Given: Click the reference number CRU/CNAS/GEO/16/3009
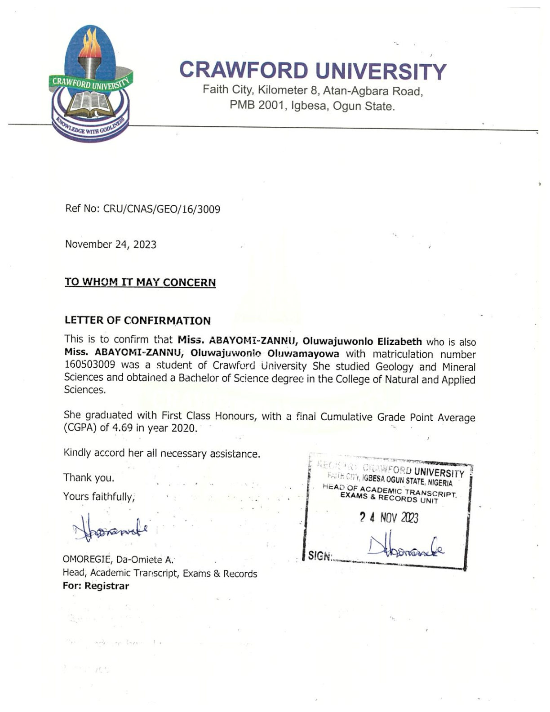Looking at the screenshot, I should tap(162, 209).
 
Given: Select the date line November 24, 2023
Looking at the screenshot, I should tap(111, 245).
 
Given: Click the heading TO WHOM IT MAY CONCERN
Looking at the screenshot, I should tap(140, 282).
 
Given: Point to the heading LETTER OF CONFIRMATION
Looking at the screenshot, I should tap(137, 320).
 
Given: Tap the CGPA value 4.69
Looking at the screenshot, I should tap(122, 428).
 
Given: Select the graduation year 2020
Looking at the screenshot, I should tap(184, 428).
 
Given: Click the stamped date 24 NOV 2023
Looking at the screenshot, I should tap(389, 518).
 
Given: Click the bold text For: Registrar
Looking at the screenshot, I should tap(96, 586).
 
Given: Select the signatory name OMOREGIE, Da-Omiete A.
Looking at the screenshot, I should tap(118, 560).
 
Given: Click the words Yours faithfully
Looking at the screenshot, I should tap(99, 497).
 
